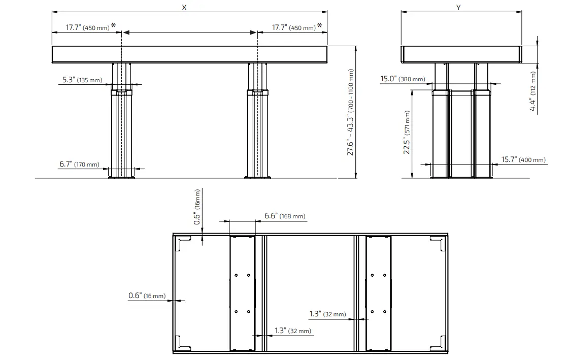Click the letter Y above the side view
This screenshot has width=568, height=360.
coord(458,7)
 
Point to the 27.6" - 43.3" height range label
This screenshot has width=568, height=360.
coord(350,112)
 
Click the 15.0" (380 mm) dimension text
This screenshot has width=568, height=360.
coord(403,79)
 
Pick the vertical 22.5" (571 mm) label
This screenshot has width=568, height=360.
coord(407,134)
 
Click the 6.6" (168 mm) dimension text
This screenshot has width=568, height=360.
coord(285,216)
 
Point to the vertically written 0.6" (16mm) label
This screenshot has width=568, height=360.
coord(197,207)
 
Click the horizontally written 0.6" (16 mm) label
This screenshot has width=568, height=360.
coord(147,296)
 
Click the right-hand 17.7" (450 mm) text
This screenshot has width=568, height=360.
coord(293,27)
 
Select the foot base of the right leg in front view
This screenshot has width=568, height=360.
coord(257,177)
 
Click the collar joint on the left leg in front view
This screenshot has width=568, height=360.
coord(121,92)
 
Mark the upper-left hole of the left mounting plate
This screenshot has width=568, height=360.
coord(236,276)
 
